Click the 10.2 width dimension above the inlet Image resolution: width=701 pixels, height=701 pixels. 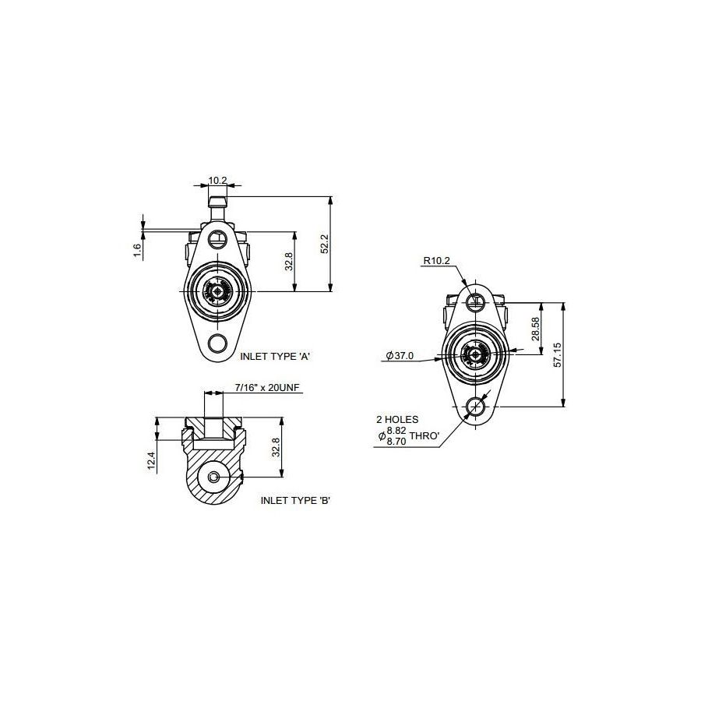218,180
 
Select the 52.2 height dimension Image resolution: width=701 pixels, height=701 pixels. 325,244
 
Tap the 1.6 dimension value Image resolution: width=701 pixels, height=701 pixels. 137,250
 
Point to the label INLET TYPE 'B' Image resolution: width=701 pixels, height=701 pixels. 295,500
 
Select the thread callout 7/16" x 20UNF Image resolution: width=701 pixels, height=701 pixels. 267,387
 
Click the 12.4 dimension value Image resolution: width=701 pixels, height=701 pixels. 152,460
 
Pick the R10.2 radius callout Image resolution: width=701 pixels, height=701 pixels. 437,261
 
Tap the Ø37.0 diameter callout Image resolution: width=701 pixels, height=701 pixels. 400,355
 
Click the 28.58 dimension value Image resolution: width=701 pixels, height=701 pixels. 536,329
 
